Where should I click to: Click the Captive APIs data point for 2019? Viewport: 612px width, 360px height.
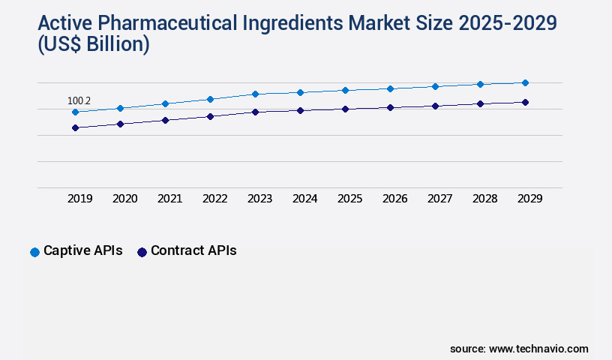click(x=75, y=112)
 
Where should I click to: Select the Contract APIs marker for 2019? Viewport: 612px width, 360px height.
click(x=75, y=128)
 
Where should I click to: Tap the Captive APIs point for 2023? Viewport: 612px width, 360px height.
click(x=255, y=94)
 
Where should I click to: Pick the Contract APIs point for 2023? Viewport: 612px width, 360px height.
click(x=255, y=112)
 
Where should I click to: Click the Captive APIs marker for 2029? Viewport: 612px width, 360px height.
click(x=525, y=82)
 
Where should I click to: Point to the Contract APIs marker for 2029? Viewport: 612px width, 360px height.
click(x=525, y=102)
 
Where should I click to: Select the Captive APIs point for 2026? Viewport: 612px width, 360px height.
click(x=390, y=88)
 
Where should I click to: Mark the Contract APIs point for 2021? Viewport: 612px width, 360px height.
click(x=165, y=120)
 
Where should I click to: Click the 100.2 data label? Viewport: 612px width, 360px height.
click(x=79, y=100)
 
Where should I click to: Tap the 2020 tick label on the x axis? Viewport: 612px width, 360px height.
click(x=124, y=199)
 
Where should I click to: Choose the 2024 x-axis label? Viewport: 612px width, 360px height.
click(x=304, y=199)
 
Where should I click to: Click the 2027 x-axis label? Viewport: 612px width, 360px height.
click(x=439, y=199)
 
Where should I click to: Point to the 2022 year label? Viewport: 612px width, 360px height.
click(x=214, y=199)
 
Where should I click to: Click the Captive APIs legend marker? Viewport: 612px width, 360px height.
click(x=34, y=252)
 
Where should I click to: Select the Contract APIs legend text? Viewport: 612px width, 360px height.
click(x=193, y=251)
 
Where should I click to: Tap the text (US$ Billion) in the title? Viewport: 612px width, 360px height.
click(x=94, y=45)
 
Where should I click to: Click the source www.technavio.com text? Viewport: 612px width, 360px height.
click(x=519, y=349)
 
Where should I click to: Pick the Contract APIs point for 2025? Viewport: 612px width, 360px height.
click(x=345, y=109)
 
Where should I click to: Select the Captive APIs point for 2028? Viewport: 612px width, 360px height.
click(x=480, y=84)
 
